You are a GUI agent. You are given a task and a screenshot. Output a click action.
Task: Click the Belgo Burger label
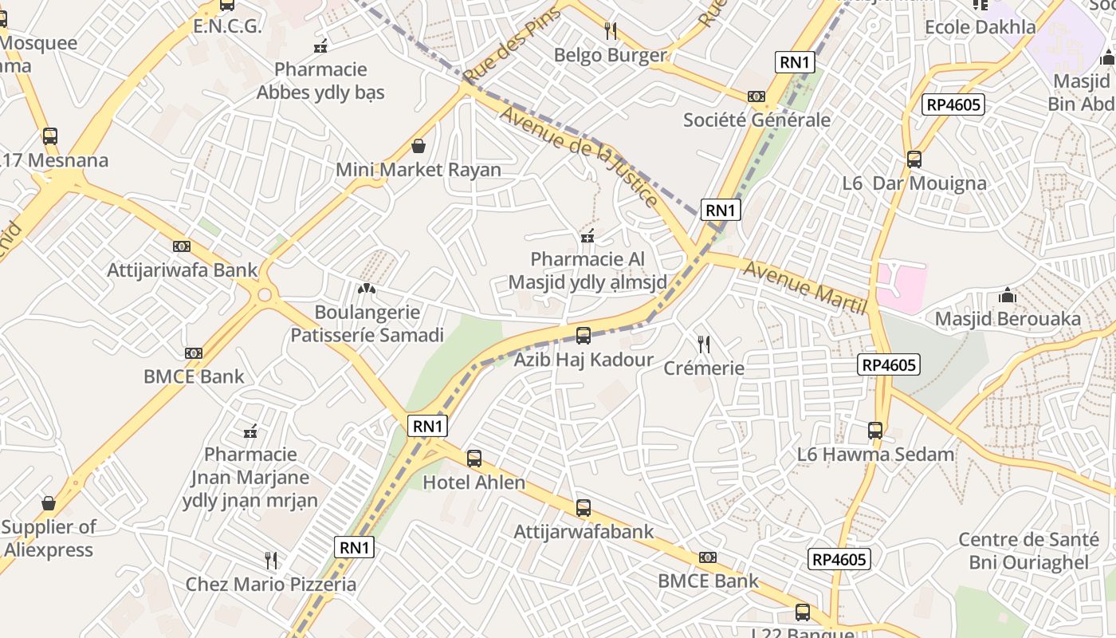610,55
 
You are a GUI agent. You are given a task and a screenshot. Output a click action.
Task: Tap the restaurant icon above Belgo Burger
611,31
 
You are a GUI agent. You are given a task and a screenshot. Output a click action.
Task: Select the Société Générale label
756,120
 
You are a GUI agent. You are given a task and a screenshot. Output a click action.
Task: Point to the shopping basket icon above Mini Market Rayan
418,146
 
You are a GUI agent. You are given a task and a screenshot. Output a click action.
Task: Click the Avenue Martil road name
804,286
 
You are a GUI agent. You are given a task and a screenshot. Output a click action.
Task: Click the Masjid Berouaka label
1008,319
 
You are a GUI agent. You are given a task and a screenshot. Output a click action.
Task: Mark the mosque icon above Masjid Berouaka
1008,296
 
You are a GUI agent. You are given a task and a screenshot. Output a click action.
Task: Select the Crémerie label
704,368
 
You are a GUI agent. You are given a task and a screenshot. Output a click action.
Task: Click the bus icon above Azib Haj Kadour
584,336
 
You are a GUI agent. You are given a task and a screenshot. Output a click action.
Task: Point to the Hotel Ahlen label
474,482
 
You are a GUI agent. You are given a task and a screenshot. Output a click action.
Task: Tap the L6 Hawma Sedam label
875,455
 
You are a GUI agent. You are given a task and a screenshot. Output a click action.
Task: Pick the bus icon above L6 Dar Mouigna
914,159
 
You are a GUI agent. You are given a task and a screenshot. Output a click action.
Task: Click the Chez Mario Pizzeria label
271,584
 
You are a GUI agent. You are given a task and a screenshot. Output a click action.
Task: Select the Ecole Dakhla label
980,26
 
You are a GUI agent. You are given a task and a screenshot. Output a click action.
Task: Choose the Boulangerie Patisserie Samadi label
367,323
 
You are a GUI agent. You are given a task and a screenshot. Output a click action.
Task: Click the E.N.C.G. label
227,26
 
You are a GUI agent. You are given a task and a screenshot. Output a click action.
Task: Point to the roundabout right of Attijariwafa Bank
265,296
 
